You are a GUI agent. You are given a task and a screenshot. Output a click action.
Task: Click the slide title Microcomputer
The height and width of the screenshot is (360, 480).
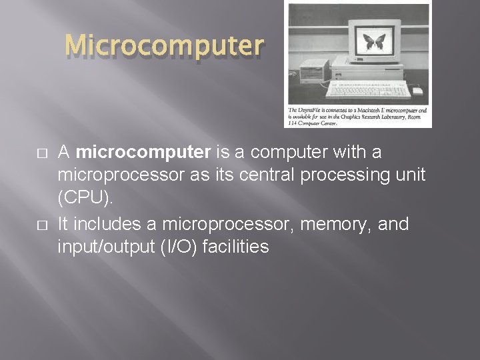[165, 45]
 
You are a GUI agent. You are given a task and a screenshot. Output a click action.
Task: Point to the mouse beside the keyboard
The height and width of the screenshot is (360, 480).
[418, 90]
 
